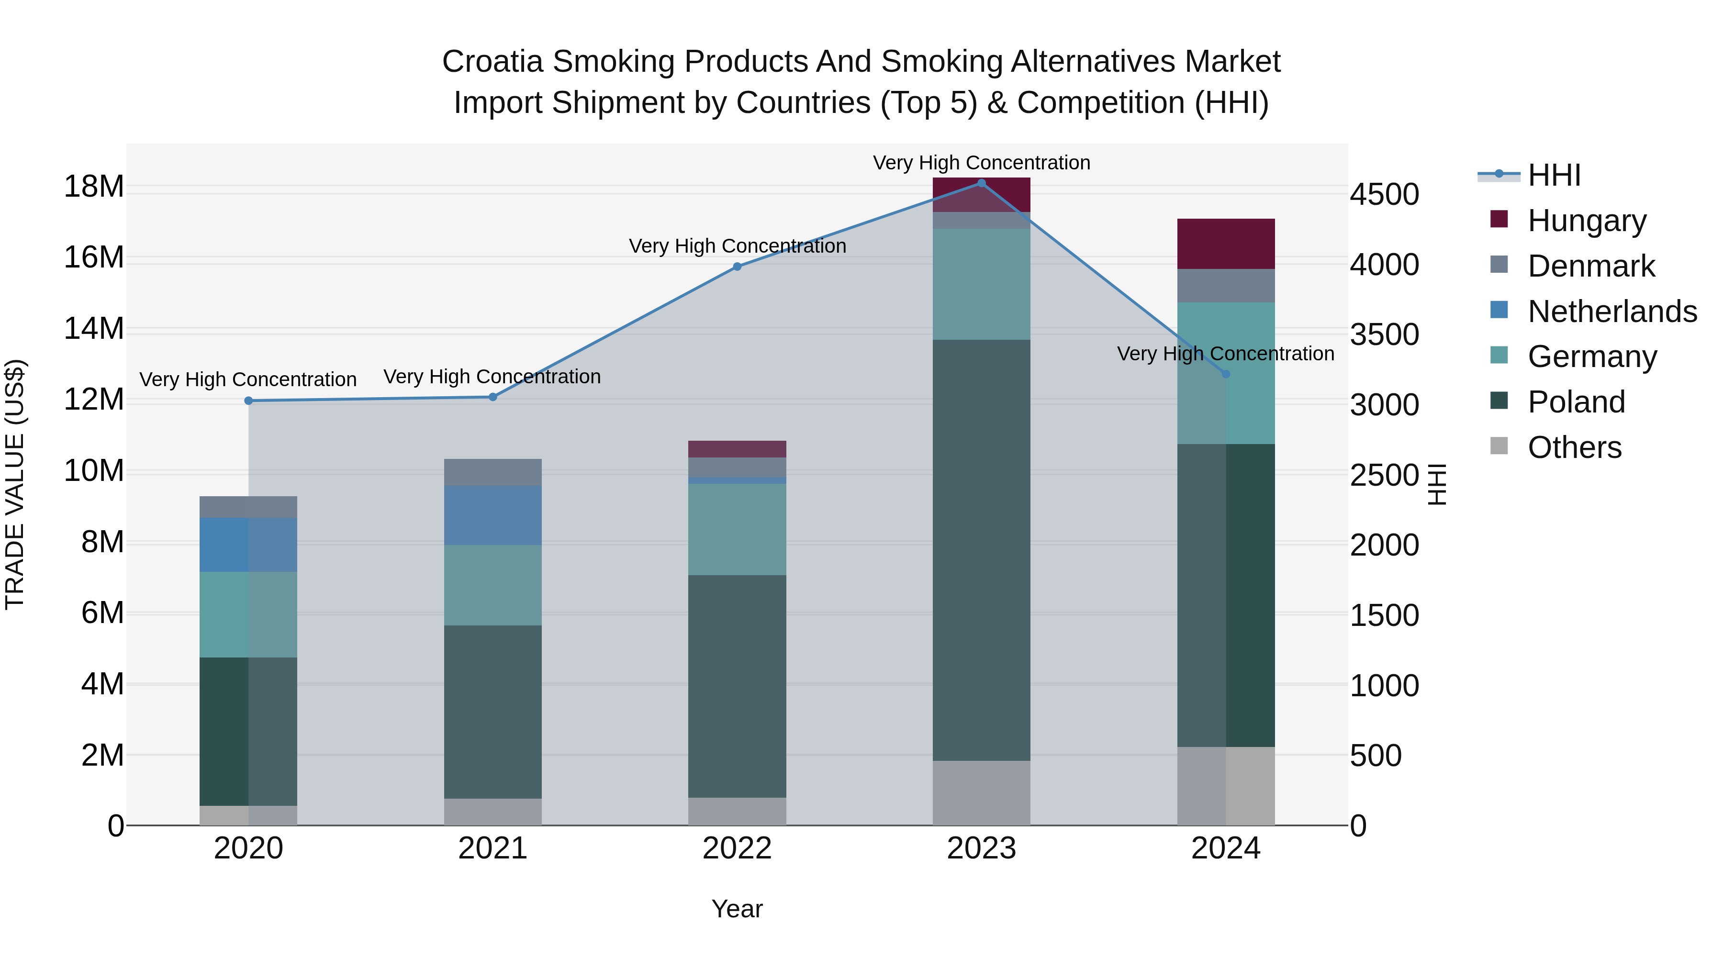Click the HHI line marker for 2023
click(981, 183)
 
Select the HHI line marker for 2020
click(248, 401)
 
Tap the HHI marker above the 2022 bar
click(737, 266)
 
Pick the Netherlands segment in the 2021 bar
click(493, 515)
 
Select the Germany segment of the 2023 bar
click(981, 284)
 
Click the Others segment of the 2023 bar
click(981, 792)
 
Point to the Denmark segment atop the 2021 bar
click(493, 472)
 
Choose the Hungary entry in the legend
click(1586, 221)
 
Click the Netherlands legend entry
click(1611, 312)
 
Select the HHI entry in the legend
click(1554, 175)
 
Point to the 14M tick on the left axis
click(94, 329)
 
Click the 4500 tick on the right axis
click(1384, 195)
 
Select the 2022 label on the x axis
click(737, 848)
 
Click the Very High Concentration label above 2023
click(981, 163)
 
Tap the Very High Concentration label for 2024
click(1225, 353)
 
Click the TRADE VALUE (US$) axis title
click(15, 484)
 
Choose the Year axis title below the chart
click(737, 909)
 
